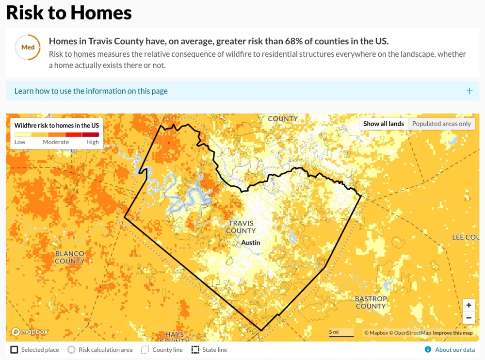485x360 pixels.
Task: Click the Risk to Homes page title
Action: [69, 13]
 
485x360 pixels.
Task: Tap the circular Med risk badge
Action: [28, 48]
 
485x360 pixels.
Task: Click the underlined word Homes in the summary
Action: [63, 41]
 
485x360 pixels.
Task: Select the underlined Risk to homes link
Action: [72, 54]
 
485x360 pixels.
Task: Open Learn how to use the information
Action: [91, 91]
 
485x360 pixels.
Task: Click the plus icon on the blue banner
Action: [469, 91]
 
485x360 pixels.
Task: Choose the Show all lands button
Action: [383, 124]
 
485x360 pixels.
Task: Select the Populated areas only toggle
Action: [441, 124]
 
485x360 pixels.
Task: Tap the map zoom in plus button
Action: [469, 305]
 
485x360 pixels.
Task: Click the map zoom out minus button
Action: [469, 318]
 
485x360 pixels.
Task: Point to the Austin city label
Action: [251, 243]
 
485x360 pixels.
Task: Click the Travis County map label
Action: [241, 227]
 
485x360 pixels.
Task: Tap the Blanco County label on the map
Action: [70, 257]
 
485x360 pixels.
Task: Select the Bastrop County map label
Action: [371, 302]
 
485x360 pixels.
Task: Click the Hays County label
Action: [175, 335]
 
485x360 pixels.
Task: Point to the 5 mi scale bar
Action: [341, 333]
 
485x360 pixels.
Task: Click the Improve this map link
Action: [453, 333]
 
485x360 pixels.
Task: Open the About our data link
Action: [454, 350]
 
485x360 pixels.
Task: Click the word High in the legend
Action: [93, 142]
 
